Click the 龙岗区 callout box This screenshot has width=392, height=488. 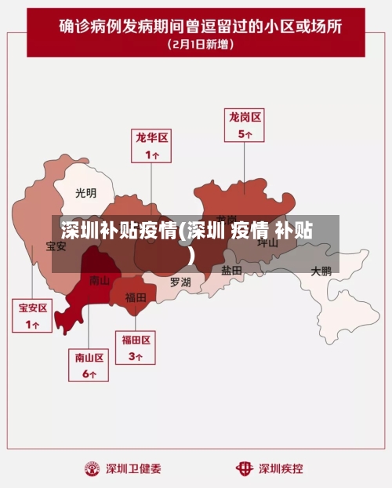(x=245, y=125)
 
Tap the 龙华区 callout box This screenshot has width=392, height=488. (x=151, y=146)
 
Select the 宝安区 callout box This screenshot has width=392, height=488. (x=33, y=315)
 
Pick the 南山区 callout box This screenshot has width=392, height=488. (x=89, y=365)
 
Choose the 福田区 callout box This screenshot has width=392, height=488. (x=136, y=347)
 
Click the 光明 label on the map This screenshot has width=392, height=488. (x=86, y=192)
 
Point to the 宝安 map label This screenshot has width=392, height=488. (x=56, y=246)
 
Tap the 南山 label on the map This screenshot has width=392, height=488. (x=100, y=280)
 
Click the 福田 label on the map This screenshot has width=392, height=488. (x=136, y=297)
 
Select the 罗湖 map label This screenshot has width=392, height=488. (x=180, y=282)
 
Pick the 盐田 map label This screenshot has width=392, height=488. (x=231, y=270)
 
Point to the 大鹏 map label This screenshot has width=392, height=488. (x=321, y=271)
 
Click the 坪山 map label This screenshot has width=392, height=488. (x=268, y=242)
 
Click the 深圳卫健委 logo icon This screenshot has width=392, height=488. (x=93, y=468)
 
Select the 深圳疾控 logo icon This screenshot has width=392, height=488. (x=245, y=468)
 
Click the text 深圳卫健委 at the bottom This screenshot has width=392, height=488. (x=134, y=469)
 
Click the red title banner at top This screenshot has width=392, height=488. (x=196, y=31)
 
